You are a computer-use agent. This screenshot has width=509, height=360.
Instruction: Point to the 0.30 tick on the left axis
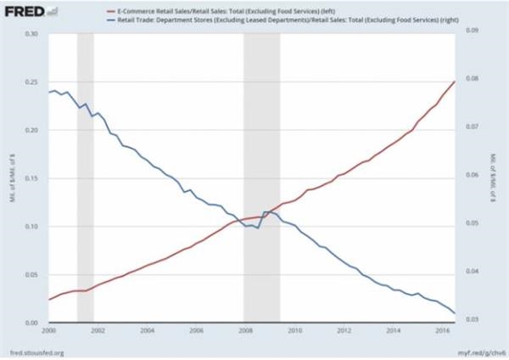[x=34, y=34]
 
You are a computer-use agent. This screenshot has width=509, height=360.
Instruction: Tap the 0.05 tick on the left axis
[x=34, y=275]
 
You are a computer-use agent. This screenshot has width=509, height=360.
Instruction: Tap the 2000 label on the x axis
[x=49, y=330]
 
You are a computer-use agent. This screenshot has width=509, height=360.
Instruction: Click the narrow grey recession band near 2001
[x=85, y=170]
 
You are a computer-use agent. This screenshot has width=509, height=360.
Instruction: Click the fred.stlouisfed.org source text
[x=33, y=351]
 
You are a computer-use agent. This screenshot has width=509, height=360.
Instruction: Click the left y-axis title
[x=10, y=179]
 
